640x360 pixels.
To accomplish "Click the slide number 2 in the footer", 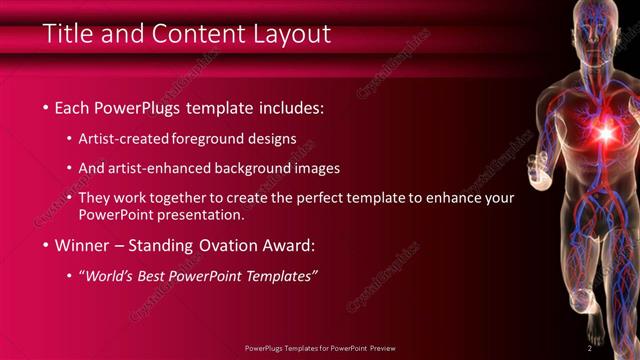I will point(589,348).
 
